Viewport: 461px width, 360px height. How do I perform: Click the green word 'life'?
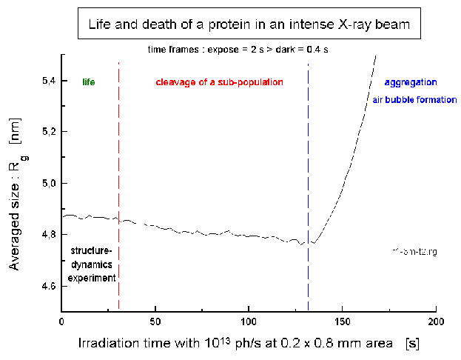coord(89,81)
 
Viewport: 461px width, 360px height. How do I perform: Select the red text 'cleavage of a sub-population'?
coord(219,81)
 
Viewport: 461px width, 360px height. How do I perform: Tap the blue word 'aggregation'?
coord(411,81)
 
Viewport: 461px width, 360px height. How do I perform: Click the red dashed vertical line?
coord(118,185)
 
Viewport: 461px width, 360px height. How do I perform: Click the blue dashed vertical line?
coord(308,185)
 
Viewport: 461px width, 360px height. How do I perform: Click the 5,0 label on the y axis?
coord(47,183)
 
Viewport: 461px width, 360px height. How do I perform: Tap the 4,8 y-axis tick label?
coord(47,234)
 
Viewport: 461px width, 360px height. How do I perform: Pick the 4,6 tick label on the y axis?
coord(47,285)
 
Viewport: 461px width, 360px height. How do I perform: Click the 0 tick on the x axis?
coord(61,323)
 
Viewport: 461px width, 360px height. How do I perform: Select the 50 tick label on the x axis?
coord(155,323)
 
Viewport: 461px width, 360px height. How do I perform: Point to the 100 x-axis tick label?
coord(249,323)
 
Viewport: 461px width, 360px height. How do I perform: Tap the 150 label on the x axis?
coord(343,323)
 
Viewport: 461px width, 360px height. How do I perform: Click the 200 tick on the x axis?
coord(436,323)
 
